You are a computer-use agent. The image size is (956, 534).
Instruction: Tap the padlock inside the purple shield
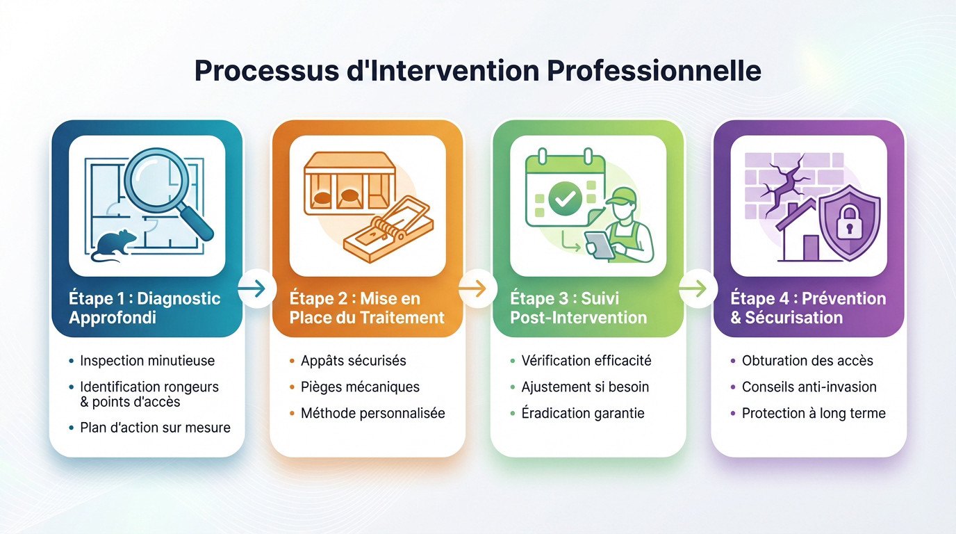pos(849,222)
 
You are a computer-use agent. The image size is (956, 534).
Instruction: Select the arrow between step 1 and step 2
pos(256,288)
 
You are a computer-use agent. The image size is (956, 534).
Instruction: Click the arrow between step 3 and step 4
pos(698,288)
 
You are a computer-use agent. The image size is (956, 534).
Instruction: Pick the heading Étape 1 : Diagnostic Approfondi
pos(145,308)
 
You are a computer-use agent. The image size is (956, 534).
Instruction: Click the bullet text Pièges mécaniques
pos(360,387)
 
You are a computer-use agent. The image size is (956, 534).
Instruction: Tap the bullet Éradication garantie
pos(582,413)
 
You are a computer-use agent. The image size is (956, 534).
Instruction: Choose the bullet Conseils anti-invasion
pos(809,387)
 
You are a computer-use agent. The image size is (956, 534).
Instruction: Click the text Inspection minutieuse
pos(147,360)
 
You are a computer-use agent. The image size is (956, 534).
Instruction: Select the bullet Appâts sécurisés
pos(353,360)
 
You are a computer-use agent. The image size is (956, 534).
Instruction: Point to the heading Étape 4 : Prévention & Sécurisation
pos(808,308)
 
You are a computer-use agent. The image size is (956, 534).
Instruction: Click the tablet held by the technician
pos(600,244)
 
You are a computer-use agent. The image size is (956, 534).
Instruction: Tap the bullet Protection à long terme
pos(814,413)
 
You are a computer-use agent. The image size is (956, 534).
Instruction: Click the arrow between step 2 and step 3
pos(477,288)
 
